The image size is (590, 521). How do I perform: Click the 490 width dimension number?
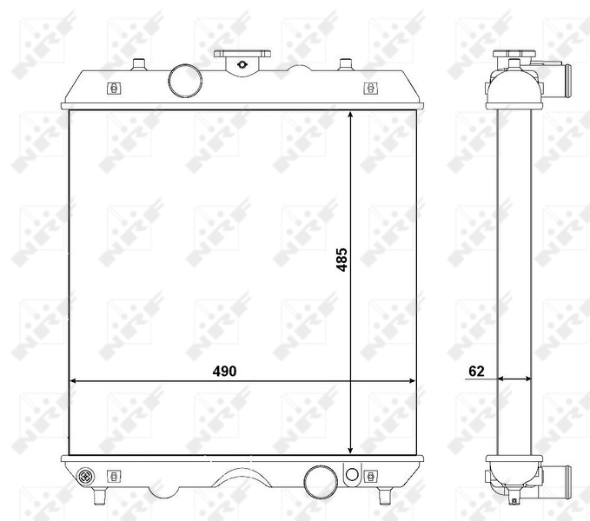tap(224, 371)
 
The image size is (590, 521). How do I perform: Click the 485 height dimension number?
tap(342, 260)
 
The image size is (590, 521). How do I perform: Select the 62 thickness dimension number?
tap(475, 371)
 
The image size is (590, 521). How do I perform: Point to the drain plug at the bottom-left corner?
tap(85, 476)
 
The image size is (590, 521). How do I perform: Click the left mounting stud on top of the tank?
tap(139, 63)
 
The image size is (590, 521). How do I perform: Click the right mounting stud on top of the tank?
tap(345, 63)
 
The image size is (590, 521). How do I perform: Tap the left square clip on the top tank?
tap(112, 88)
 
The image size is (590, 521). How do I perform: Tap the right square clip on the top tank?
tap(371, 88)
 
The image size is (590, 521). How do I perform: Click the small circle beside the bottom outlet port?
tap(351, 474)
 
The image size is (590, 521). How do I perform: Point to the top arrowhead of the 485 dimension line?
tap(350, 115)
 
